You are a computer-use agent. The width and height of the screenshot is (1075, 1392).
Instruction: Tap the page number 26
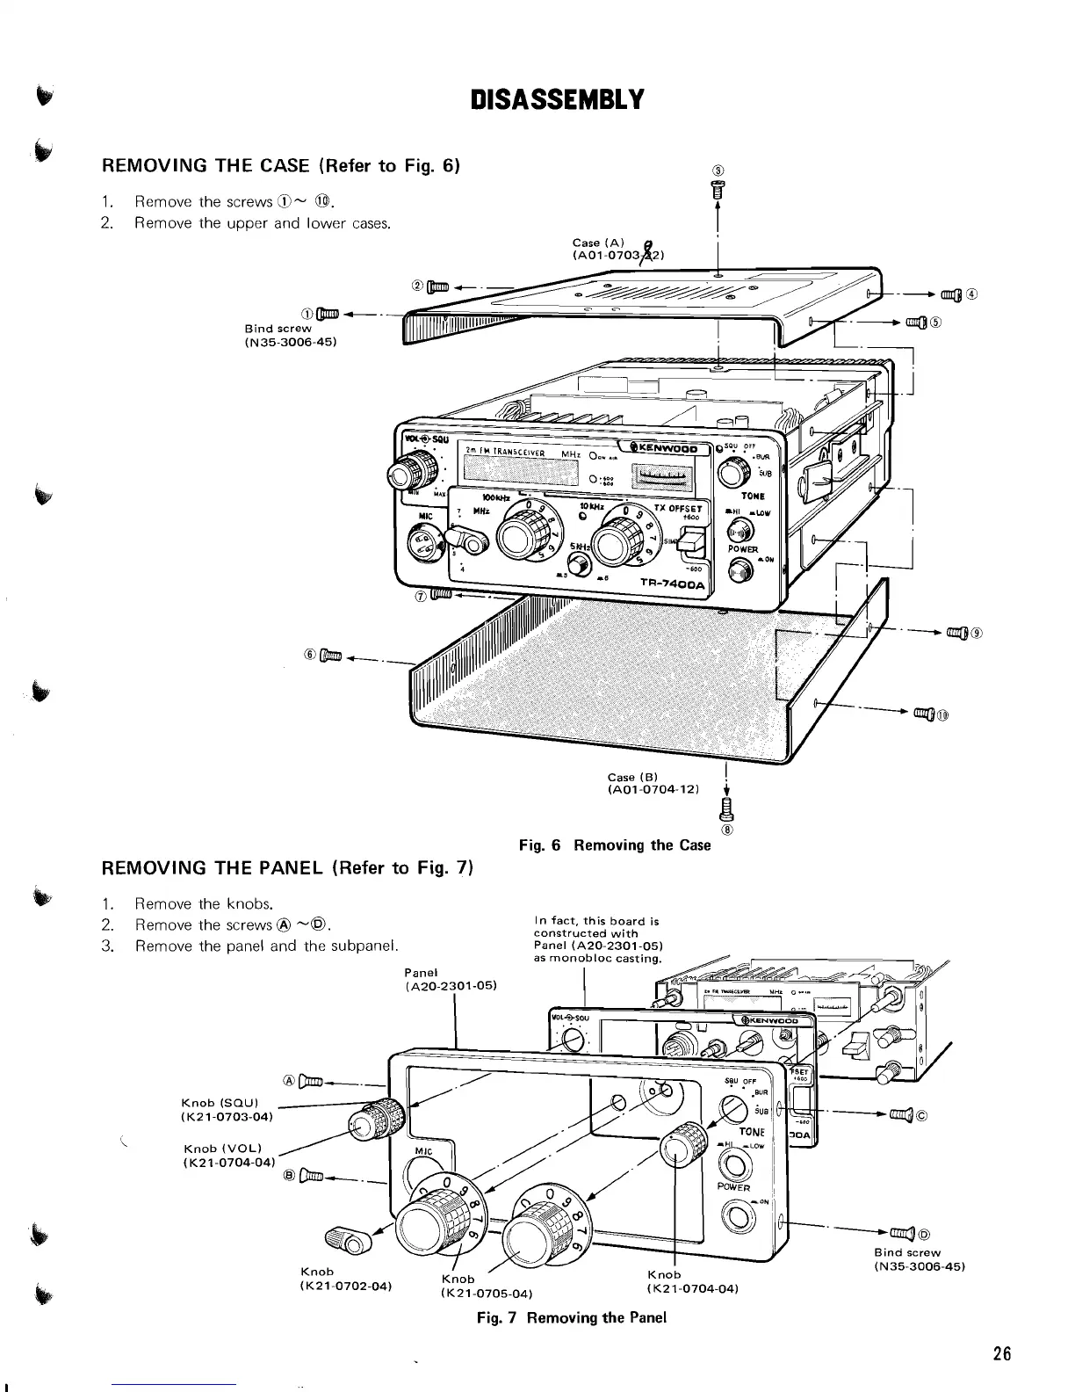[1001, 1353]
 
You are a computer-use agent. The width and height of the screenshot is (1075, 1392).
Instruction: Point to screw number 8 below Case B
[725, 807]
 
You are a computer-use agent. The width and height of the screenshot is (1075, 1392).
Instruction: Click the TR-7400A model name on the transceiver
[674, 584]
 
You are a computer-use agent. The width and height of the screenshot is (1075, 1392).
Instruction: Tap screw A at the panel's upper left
[312, 1080]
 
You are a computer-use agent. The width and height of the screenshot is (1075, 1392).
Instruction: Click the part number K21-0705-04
[485, 1294]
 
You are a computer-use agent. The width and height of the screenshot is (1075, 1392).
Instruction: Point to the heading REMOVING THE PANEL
[288, 869]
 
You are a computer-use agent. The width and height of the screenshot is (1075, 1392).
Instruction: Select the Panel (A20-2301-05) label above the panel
[451, 979]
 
